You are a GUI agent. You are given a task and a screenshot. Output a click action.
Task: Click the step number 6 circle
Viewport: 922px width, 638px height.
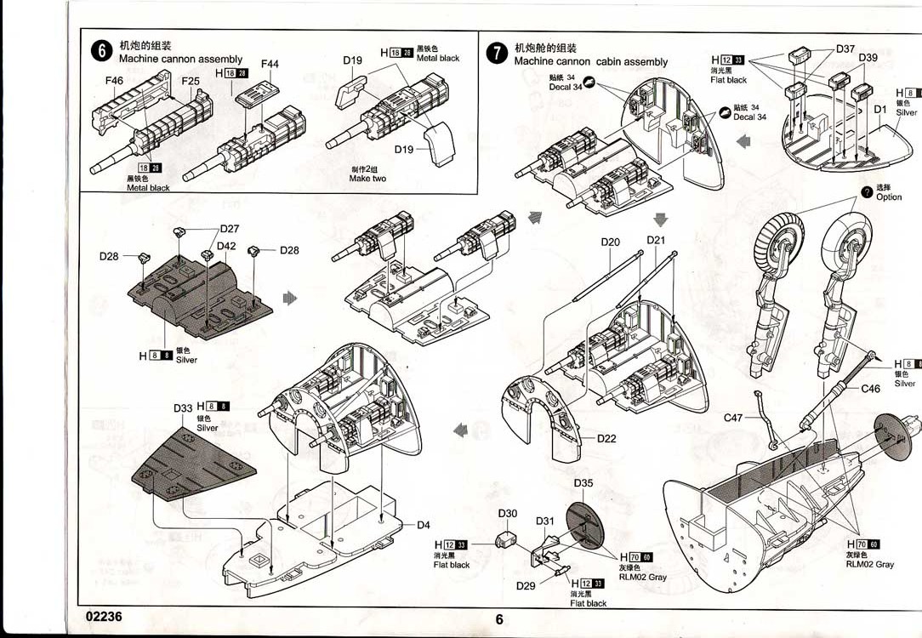pos(102,51)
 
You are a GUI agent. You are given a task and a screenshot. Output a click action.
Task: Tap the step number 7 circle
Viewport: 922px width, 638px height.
pos(496,54)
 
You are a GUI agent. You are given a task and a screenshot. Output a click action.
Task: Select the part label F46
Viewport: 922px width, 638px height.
pos(115,81)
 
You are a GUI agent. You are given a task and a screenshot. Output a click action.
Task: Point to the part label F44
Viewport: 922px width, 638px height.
pos(270,64)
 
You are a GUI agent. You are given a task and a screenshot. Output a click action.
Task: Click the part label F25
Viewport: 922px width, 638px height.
pos(191,81)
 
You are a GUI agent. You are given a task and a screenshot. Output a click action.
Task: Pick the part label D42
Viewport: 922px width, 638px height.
pos(226,246)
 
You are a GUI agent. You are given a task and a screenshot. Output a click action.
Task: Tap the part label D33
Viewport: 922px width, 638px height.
pos(183,408)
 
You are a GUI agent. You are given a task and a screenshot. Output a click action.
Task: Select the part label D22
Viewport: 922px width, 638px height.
pos(606,439)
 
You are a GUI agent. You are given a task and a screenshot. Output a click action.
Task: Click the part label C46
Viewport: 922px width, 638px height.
pos(871,389)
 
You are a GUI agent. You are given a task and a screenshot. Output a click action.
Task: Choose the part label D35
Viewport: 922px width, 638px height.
pos(583,483)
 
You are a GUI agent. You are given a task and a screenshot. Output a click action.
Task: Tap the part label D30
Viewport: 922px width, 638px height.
pos(507,513)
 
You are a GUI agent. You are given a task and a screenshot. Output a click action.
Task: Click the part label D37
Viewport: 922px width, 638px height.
pos(845,48)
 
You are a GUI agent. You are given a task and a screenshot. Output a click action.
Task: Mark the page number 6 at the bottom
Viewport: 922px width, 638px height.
pos(499,619)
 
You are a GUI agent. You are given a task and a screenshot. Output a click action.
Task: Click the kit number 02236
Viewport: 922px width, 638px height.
pos(104,618)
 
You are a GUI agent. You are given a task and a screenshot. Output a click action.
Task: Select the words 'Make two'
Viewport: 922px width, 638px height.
pos(367,179)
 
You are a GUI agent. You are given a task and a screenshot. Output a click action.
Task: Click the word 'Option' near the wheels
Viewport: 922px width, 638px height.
pos(889,197)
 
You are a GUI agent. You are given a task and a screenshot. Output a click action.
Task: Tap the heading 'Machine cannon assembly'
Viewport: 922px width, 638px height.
pos(180,60)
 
